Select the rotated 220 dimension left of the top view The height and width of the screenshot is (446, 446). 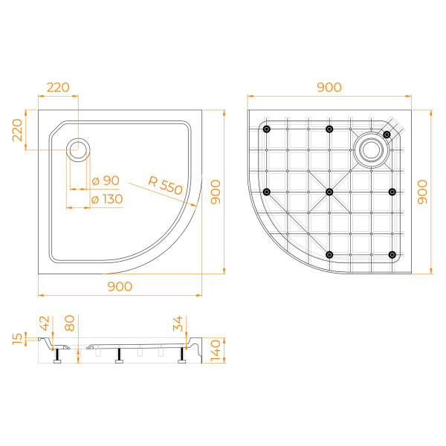point(17,132)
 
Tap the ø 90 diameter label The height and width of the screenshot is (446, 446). point(106,181)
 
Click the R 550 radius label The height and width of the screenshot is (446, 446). point(165,185)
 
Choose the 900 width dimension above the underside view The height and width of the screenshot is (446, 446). point(329,87)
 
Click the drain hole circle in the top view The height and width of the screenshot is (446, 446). point(78,149)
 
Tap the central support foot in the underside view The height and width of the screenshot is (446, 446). point(329,192)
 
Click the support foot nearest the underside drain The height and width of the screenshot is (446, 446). point(387,134)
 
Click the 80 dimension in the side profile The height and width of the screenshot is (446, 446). point(70,324)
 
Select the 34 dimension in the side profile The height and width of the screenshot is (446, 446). point(179,323)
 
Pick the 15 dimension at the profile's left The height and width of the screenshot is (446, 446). point(17,339)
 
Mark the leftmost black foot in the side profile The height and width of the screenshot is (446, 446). point(57,361)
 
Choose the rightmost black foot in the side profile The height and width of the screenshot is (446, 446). point(181,361)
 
